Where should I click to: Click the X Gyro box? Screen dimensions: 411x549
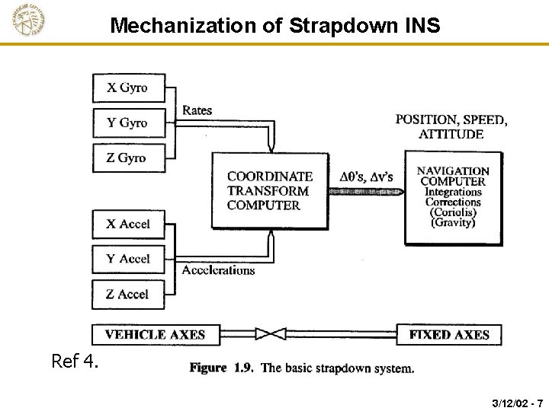128,88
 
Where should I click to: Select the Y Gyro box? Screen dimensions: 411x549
128,123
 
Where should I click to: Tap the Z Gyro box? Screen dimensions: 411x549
128,158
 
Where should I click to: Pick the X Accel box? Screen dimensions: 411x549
128,225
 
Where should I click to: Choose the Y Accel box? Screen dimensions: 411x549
128,260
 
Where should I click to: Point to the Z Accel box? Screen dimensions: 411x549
128,295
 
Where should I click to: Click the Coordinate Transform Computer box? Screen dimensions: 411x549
270,190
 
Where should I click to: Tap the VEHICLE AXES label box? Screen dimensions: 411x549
155,334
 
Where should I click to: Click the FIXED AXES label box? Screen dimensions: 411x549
449,334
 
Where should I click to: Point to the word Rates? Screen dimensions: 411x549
197,110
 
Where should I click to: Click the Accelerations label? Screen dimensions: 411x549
218,270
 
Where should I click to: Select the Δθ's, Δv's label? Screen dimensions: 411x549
366,177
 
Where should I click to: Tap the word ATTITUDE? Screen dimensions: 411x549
451,134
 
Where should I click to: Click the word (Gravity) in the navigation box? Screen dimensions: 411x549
453,223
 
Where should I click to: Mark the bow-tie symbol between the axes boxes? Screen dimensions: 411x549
271,333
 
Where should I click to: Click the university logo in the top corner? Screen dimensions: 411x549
29,21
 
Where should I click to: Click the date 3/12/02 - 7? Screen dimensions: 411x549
518,402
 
